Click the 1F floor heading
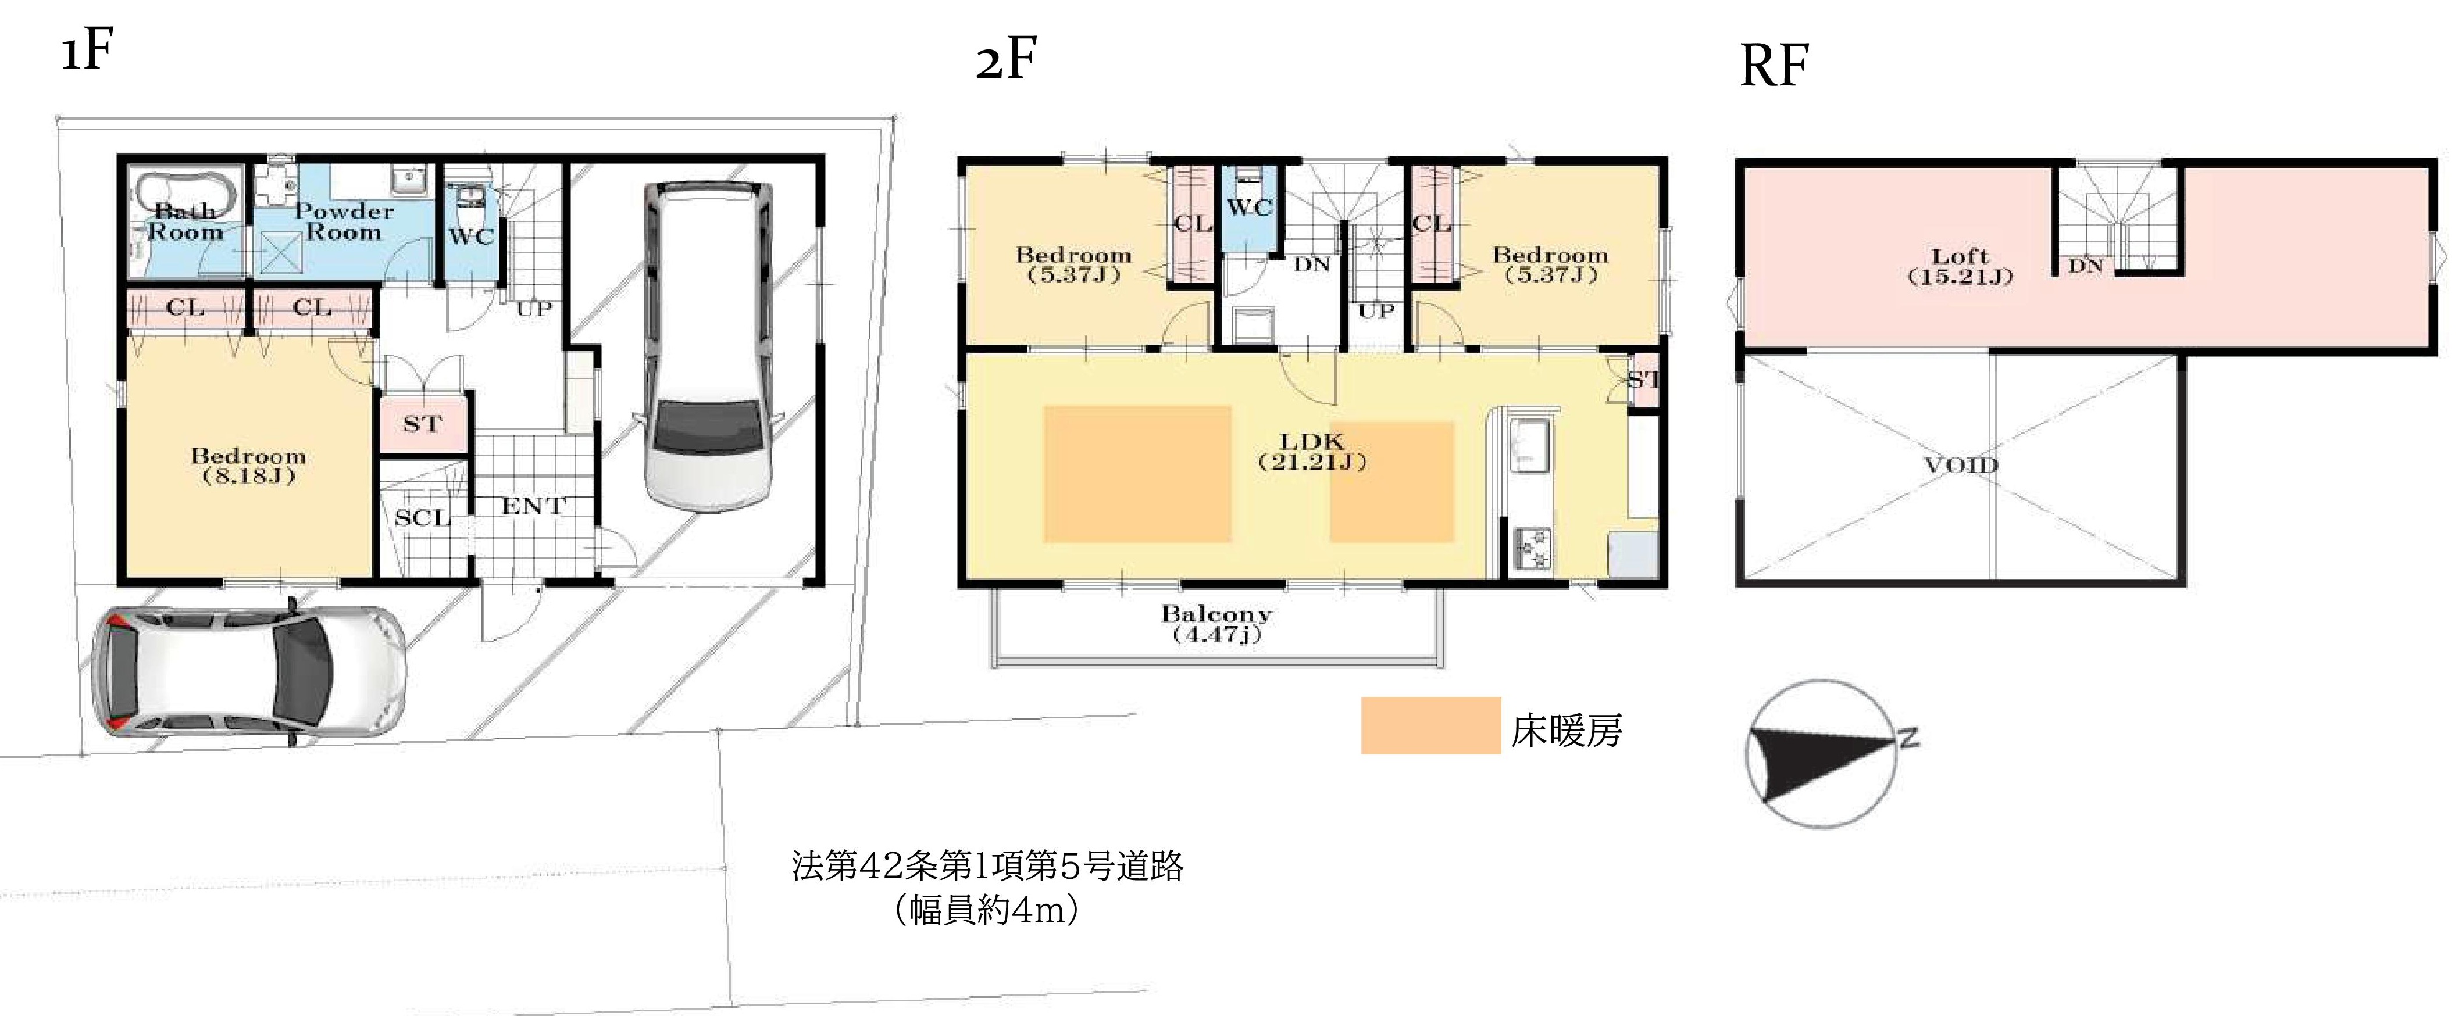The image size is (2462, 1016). pos(88,52)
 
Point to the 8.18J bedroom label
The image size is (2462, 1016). pos(248,466)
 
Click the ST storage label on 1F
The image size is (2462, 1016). pos(422,423)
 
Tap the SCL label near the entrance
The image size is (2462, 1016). pos(422,518)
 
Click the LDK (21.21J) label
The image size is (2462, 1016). pos(1312,451)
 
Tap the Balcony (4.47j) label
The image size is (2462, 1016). pos(1216,623)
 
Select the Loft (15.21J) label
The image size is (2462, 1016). pos(1960,266)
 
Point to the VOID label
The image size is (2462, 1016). pos(1960,466)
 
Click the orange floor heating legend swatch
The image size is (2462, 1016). pos(1430,725)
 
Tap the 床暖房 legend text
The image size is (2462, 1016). pos(1567,730)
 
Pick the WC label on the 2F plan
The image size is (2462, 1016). pos(1249,208)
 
